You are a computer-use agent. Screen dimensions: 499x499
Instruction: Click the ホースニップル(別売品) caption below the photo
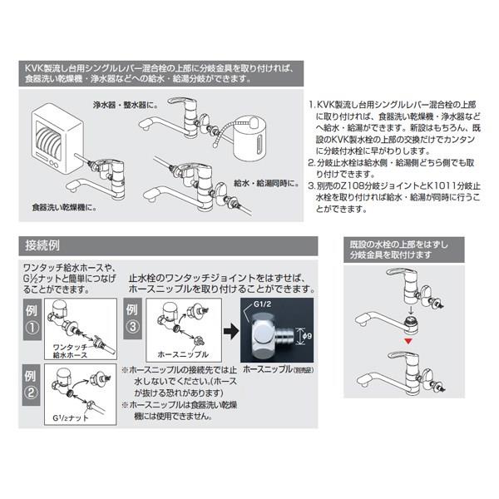(278, 368)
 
